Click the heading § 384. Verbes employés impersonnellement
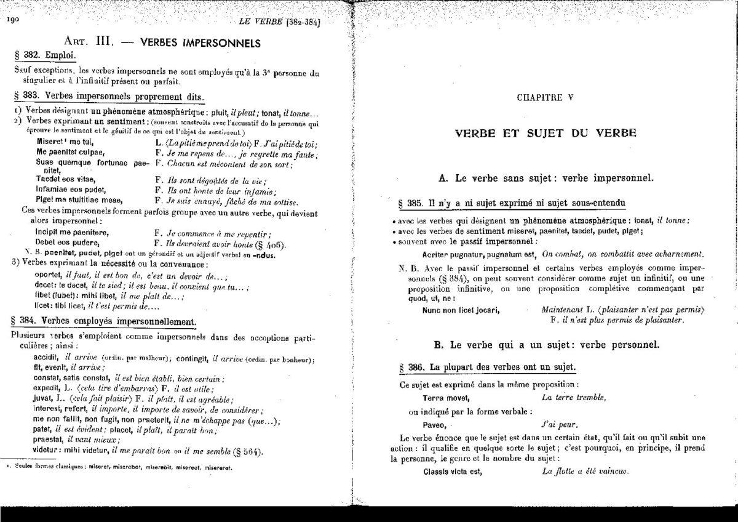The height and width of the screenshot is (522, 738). tap(104, 322)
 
